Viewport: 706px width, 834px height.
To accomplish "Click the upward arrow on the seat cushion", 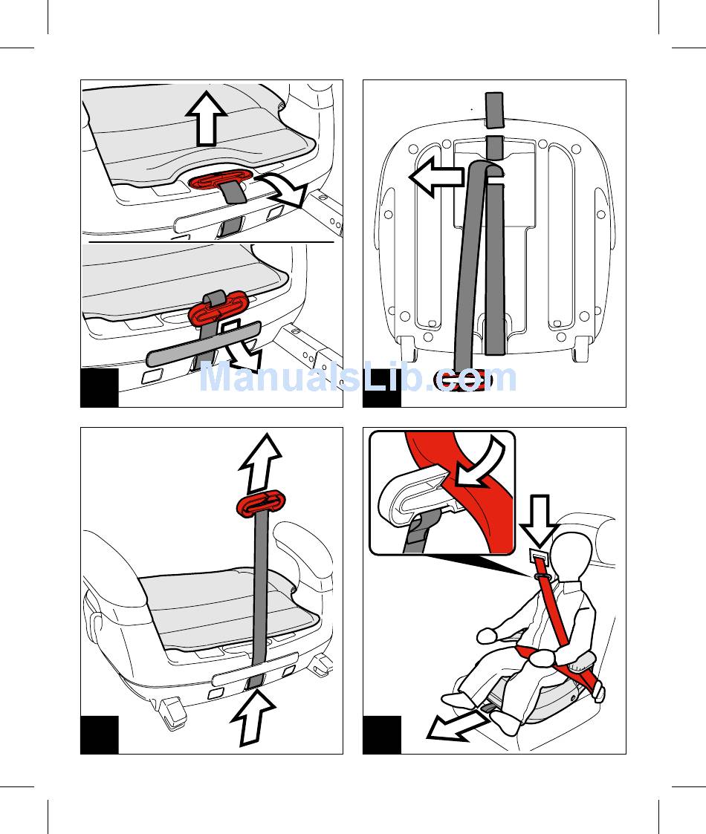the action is (x=207, y=118).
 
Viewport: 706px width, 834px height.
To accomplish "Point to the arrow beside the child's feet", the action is (x=457, y=726).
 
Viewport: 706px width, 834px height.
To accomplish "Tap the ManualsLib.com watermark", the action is (x=357, y=377).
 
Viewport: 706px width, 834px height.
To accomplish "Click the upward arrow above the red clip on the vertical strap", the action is (x=260, y=463).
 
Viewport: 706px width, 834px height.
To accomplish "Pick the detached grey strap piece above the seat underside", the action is (x=495, y=110).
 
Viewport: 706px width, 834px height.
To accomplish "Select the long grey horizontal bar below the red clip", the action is (x=204, y=344).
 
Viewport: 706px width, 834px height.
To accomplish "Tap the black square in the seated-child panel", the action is (x=382, y=735).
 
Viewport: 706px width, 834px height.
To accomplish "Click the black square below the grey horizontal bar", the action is (x=100, y=388).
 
